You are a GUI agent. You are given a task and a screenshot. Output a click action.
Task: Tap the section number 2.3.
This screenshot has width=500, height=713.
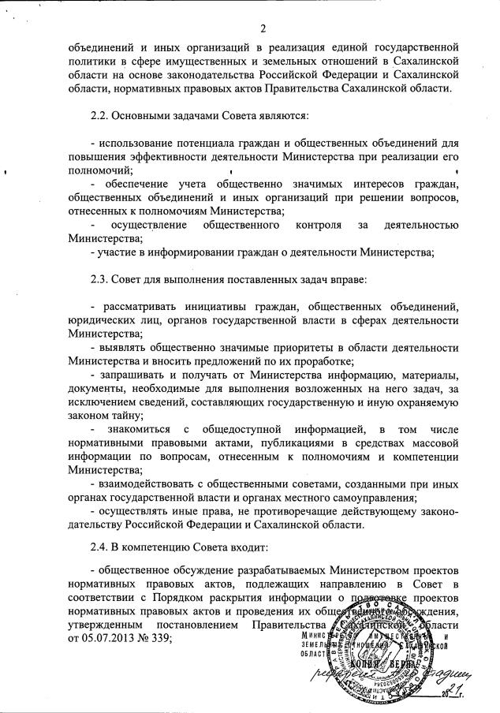(101, 278)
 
